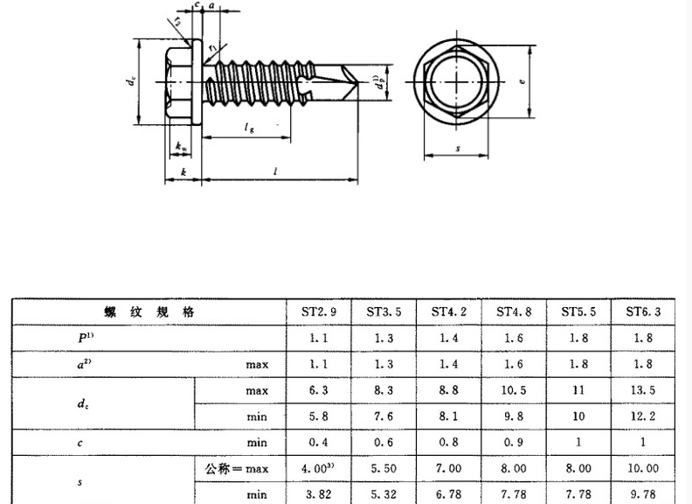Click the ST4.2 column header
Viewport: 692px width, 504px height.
450,311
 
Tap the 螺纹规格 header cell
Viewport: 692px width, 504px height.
149,311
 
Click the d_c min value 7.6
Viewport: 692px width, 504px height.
384,416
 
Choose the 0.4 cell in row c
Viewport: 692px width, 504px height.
319,443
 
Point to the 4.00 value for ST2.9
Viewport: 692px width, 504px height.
319,469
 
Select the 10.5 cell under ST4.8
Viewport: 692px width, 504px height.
516,389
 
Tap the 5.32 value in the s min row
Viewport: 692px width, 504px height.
384,494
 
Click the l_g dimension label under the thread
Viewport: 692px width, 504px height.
249,129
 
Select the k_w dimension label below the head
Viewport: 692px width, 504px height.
181,145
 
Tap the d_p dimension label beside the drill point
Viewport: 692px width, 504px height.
377,86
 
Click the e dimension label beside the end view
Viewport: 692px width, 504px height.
521,81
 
